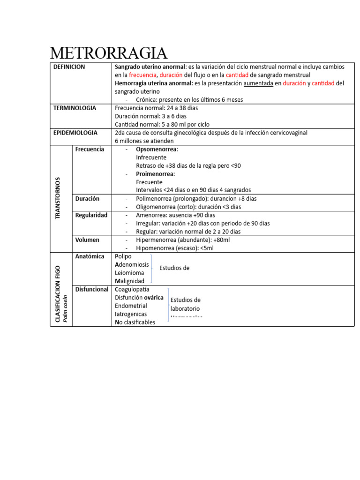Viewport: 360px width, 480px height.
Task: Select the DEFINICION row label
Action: (x=69, y=67)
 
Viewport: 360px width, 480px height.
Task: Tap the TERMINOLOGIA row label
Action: (x=75, y=108)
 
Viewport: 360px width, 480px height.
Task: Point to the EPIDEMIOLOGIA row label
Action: (x=75, y=133)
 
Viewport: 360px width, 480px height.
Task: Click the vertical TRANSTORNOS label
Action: (x=58, y=198)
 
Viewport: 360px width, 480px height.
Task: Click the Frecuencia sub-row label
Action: (x=90, y=149)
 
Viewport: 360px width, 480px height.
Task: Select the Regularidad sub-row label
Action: (x=91, y=215)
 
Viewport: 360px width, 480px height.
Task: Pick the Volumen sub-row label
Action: (x=87, y=240)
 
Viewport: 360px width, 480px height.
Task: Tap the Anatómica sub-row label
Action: (x=90, y=256)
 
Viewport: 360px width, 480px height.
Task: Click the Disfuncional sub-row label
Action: (x=92, y=289)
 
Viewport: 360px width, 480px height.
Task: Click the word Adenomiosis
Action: (x=132, y=264)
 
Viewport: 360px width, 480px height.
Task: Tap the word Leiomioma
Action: (x=129, y=273)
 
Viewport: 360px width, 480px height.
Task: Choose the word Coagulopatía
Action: (x=135, y=289)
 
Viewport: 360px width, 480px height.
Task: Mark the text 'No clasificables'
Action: (x=135, y=322)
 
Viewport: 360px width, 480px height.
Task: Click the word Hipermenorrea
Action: (x=157, y=240)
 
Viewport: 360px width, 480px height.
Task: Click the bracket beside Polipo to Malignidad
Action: (x=151, y=269)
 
